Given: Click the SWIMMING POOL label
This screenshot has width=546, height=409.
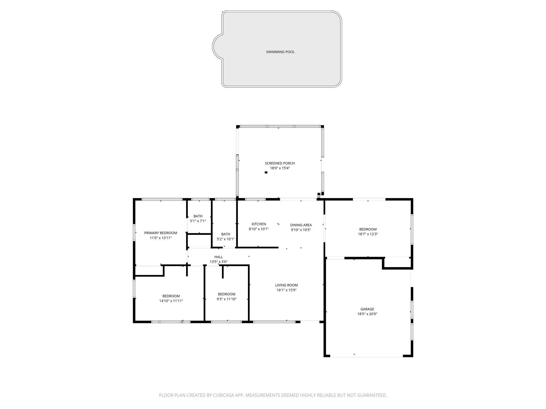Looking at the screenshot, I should (280, 52).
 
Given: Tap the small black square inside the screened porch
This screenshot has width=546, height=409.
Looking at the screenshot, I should (266, 173).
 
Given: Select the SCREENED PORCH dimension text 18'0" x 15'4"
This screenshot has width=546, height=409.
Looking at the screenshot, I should (280, 168).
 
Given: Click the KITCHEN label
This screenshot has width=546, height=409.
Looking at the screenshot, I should (259, 224).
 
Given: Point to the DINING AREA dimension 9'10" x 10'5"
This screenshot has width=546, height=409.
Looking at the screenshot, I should (301, 230).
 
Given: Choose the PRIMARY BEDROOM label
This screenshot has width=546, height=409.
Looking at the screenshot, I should (160, 233).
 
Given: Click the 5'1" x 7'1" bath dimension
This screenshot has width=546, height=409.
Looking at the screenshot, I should (198, 221).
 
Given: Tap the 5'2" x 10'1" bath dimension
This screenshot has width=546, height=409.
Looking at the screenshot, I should (226, 239).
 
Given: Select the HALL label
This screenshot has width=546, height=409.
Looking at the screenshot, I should (218, 257).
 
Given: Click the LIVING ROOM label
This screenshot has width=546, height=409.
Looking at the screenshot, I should (286, 285).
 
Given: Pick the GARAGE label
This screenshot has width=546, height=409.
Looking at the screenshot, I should (367, 309).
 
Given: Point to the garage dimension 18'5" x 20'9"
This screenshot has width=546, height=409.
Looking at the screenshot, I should (367, 314).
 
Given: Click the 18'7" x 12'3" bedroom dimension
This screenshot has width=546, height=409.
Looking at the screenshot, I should (368, 234).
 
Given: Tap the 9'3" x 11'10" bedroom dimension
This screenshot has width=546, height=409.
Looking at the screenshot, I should (226, 299).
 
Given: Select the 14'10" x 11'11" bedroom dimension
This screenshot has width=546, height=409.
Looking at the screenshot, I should (171, 301).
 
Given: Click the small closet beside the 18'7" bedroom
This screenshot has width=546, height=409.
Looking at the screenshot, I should (397, 263).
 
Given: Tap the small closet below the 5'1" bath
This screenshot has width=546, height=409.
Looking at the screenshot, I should (199, 241).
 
